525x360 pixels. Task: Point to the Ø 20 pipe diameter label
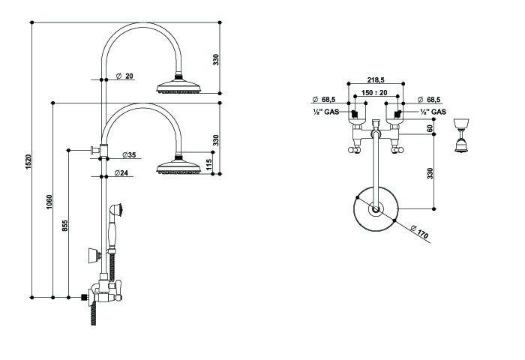click(125, 76)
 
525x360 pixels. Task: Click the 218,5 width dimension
click(376, 79)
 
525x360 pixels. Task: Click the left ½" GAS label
click(326, 112)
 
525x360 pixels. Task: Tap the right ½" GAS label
click(433, 112)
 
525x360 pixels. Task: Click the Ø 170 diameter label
click(421, 234)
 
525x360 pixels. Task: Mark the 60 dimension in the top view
click(430, 128)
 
